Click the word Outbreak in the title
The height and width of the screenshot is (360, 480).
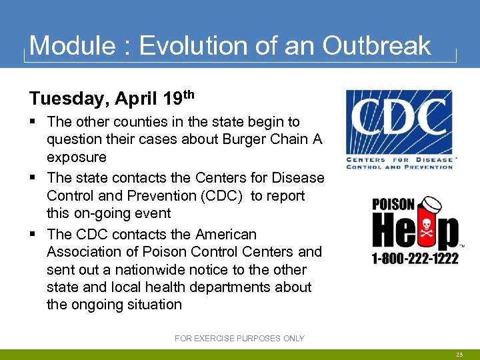pos(377,45)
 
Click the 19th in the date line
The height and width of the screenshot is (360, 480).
pos(178,97)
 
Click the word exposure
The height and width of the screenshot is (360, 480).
pos(76,157)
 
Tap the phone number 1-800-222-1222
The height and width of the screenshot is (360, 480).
pos(415,258)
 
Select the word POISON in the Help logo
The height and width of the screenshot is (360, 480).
pos(394,205)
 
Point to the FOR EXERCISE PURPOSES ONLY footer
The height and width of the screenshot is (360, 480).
pos(239,339)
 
